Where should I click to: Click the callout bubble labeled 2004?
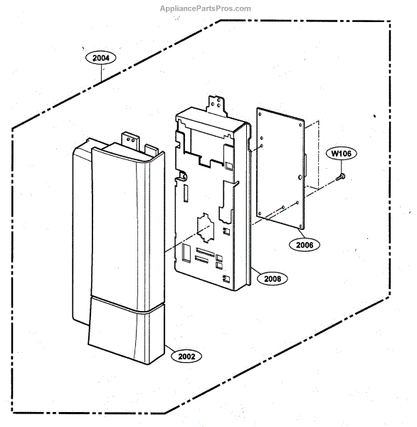(x=101, y=58)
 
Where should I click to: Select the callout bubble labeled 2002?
(x=186, y=357)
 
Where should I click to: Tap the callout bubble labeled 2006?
(x=305, y=245)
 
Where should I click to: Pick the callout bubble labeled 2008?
(x=273, y=278)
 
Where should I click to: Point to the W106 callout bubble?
(x=342, y=153)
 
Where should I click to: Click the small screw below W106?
(x=341, y=176)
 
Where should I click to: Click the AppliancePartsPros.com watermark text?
(x=206, y=9)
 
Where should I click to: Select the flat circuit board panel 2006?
(x=280, y=168)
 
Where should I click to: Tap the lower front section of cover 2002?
(x=127, y=330)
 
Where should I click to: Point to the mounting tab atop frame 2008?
(x=217, y=105)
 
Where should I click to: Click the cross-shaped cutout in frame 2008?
(x=204, y=228)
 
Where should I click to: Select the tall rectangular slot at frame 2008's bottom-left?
(x=186, y=253)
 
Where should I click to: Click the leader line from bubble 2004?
(x=101, y=73)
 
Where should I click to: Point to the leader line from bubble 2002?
(x=169, y=349)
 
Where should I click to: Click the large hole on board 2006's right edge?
(x=300, y=177)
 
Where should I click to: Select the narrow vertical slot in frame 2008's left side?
(x=186, y=194)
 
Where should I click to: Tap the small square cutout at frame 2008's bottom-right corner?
(x=226, y=278)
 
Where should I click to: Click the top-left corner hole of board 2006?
(x=260, y=115)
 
